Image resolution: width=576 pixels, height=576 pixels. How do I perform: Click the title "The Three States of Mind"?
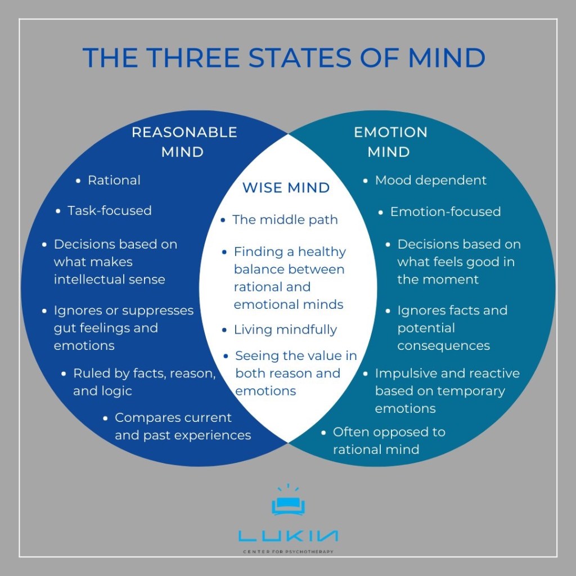click(283, 58)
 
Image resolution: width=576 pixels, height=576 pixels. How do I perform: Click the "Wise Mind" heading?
click(286, 188)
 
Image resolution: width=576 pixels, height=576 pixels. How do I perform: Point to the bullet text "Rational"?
click(114, 181)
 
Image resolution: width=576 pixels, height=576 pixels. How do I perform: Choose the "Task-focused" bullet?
click(110, 211)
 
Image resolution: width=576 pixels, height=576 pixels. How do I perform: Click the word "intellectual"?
click(91, 280)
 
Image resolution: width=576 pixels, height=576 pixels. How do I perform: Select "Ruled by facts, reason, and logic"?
click(144, 382)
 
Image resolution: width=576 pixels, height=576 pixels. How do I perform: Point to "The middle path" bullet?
click(285, 220)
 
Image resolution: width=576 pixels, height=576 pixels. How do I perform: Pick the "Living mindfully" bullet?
click(285, 330)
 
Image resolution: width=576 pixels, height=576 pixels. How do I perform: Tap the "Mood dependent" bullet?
click(430, 181)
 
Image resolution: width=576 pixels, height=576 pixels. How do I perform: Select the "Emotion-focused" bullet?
click(445, 212)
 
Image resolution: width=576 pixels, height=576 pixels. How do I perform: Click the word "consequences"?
click(443, 345)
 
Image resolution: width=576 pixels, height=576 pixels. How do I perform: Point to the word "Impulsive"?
click(406, 373)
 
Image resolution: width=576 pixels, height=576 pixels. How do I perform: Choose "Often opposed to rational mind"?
click(388, 440)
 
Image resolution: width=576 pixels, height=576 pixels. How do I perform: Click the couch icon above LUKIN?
click(288, 505)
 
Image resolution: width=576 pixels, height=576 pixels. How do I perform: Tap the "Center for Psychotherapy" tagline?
click(288, 552)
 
